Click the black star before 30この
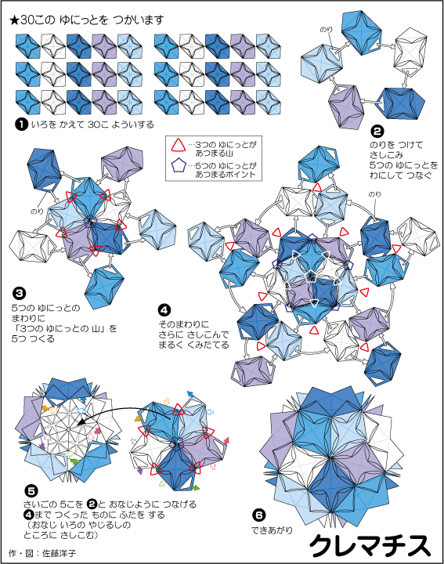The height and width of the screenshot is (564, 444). pyautogui.click(x=15, y=20)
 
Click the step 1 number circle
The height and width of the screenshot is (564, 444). pyautogui.click(x=22, y=125)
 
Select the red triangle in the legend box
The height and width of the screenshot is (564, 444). pyautogui.click(x=178, y=145)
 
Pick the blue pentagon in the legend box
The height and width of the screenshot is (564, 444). pyautogui.click(x=179, y=166)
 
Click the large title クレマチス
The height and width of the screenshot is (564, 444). pyautogui.click(x=370, y=545)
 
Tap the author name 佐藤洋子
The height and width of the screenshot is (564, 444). pyautogui.click(x=59, y=553)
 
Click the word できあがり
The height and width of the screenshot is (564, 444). pyautogui.click(x=273, y=530)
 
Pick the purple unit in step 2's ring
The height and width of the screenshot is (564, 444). pyautogui.click(x=346, y=106)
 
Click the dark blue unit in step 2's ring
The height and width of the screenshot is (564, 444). pyautogui.click(x=400, y=103)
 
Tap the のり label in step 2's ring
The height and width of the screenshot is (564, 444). pyautogui.click(x=326, y=30)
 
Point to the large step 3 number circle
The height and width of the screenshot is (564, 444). pyautogui.click(x=19, y=293)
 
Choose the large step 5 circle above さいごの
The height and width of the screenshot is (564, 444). pyautogui.click(x=31, y=491)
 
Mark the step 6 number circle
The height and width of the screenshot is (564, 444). pyautogui.click(x=258, y=515)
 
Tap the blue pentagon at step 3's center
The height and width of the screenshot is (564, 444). pyautogui.click(x=90, y=221)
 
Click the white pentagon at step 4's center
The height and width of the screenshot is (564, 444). pyautogui.click(x=310, y=277)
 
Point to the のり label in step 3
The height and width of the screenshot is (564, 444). pyautogui.click(x=37, y=211)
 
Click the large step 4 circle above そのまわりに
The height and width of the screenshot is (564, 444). pyautogui.click(x=164, y=310)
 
